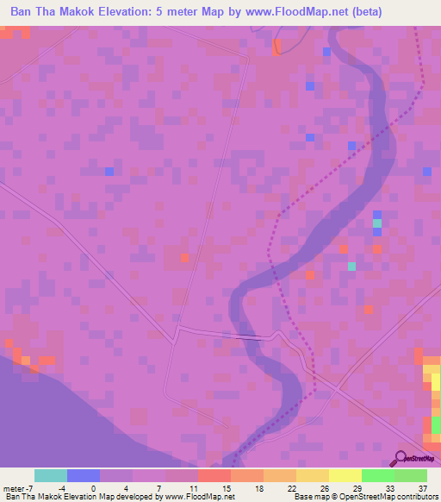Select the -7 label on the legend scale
pyautogui.click(x=32, y=488)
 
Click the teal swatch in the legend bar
pyautogui.click(x=51, y=475)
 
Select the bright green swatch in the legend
pyautogui.click(x=378, y=475)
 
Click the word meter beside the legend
pyautogui.click(x=14, y=488)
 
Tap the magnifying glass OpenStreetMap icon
pyautogui.click(x=401, y=458)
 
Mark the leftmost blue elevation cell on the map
pyautogui.click(x=109, y=172)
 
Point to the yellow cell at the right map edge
pyautogui.click(x=434, y=380)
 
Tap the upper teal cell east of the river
pyautogui.click(x=376, y=223)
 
